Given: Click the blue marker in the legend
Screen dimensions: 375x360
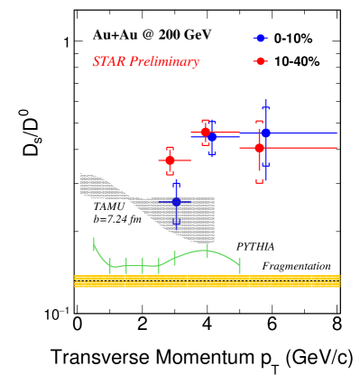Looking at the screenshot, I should point(261,39).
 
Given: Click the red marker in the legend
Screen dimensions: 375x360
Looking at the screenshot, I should point(261,61).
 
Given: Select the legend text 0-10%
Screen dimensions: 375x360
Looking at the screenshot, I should point(293,40).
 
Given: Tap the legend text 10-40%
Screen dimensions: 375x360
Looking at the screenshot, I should point(297,61).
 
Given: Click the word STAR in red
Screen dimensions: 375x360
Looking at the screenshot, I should point(108,62).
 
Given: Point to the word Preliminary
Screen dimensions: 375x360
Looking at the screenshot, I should point(164,62).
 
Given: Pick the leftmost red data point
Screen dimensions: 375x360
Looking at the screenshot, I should point(170,160).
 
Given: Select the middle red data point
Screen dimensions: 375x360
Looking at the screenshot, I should point(205,132).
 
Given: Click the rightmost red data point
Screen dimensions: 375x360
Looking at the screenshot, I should point(259,147).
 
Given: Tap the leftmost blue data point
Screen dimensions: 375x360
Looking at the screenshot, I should point(176,201).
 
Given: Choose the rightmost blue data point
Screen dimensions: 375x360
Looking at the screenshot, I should point(265,133).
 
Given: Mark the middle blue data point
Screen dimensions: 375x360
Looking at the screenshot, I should point(211,138).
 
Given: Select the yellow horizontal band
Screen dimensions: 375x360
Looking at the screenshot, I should point(207,281).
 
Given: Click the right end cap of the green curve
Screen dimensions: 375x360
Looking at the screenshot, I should point(239,265).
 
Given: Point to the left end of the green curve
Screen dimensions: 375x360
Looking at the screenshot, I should point(94,242).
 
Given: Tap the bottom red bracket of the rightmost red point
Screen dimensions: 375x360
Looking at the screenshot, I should point(259,180).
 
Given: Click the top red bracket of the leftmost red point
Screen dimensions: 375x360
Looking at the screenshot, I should point(170,148).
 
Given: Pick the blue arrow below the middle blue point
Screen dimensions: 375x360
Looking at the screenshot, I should point(211,153).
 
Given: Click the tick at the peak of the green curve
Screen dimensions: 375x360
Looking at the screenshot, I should point(207,250).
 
